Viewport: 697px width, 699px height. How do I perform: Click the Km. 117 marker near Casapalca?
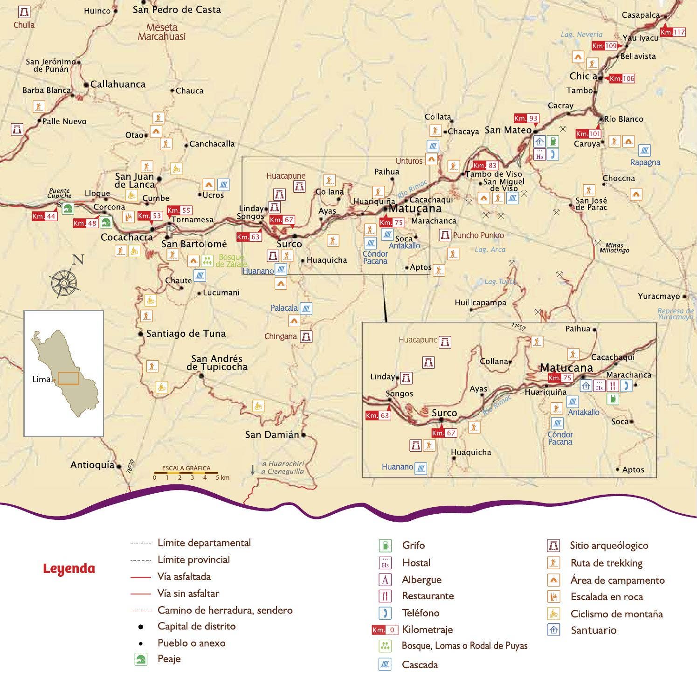(x=673, y=32)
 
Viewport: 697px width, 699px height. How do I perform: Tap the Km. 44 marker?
(x=44, y=217)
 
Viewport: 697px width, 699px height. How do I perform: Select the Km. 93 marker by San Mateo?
(x=526, y=119)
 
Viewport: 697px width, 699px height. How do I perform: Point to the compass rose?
(x=64, y=282)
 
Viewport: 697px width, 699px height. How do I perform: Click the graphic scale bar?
(x=186, y=473)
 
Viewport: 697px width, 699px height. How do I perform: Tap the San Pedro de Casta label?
(x=177, y=10)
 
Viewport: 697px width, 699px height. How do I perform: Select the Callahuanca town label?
(x=117, y=84)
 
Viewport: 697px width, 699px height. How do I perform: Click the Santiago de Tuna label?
(x=186, y=334)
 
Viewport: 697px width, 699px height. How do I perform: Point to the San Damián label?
(x=272, y=435)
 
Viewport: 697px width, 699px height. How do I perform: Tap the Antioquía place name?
(x=92, y=465)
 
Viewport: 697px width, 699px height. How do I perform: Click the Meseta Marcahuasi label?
(x=162, y=32)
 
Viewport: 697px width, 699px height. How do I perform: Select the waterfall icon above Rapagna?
(x=644, y=150)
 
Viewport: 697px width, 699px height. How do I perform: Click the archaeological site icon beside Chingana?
(x=306, y=336)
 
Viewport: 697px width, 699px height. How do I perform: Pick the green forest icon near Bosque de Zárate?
(x=207, y=260)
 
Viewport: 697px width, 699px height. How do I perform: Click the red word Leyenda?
(x=69, y=569)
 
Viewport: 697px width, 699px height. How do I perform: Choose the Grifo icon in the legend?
(x=385, y=545)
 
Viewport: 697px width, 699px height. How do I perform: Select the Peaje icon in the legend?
(x=141, y=659)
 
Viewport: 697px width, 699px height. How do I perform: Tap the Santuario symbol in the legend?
(x=553, y=630)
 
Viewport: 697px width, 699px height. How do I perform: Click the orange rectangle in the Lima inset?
(x=68, y=378)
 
